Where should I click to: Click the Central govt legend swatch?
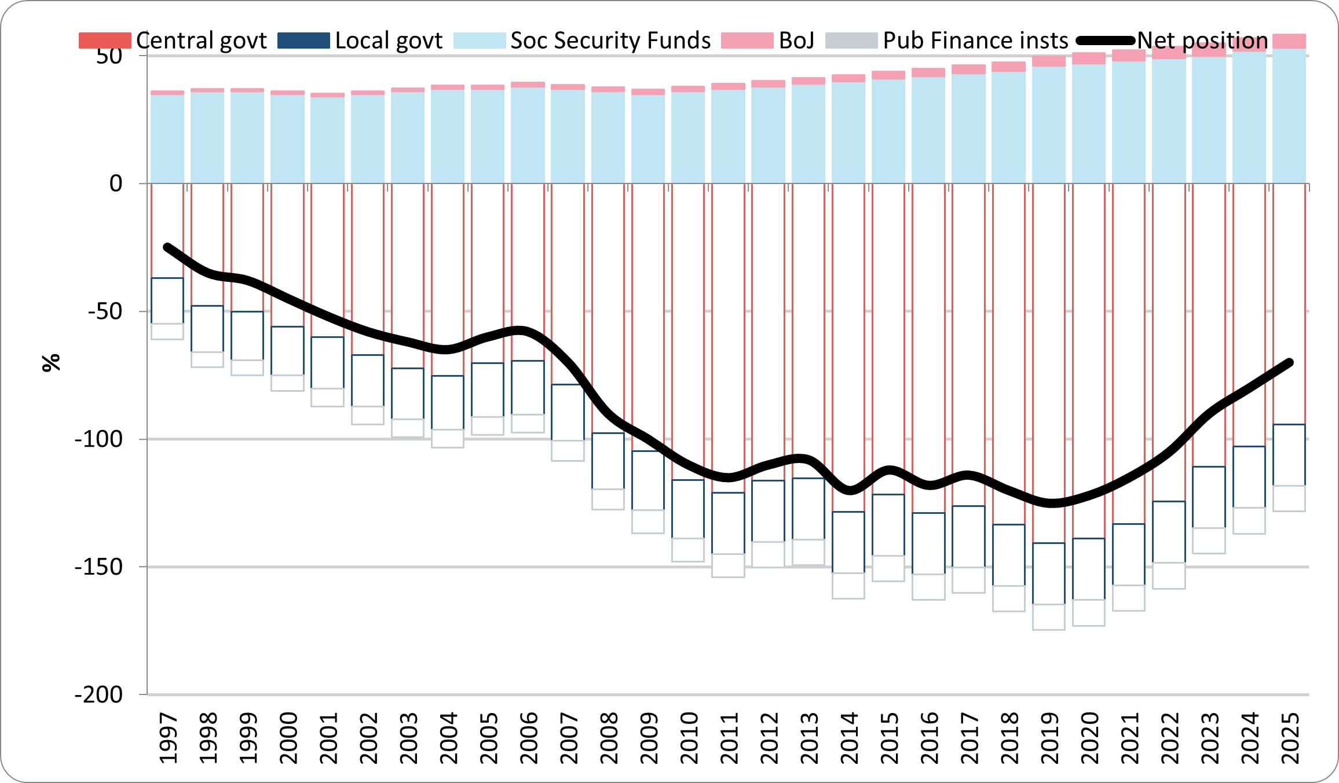(105, 41)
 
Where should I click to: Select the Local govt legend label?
(389, 41)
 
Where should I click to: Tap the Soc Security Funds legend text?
(610, 41)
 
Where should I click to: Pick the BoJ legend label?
(796, 41)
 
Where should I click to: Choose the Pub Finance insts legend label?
(975, 41)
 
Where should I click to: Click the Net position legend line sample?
(1106, 41)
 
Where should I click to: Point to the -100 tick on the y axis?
(99, 439)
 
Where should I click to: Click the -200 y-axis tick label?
(99, 694)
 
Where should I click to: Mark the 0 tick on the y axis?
(116, 184)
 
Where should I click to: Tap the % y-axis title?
(51, 363)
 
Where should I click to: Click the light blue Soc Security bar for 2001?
(327, 140)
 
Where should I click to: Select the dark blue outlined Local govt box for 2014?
(848, 542)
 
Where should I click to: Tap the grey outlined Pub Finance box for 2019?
(1049, 617)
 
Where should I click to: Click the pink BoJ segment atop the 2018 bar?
(1008, 67)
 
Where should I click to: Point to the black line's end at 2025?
(1290, 363)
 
